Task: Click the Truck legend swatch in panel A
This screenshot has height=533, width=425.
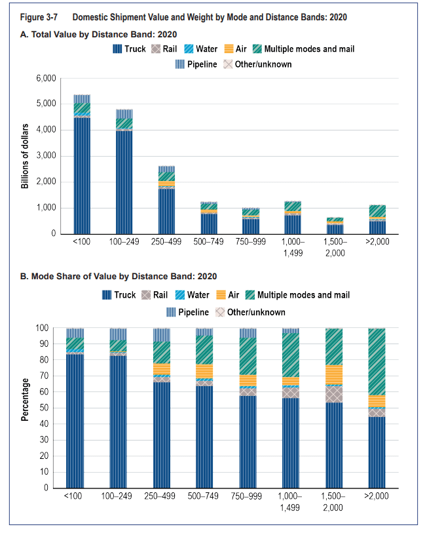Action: pos(118,49)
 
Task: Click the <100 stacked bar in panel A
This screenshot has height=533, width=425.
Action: pos(82,164)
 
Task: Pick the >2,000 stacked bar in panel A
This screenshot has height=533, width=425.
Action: pos(377,220)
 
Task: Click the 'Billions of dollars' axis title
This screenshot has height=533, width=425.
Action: pos(25,156)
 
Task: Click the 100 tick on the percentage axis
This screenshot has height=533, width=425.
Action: pos(45,328)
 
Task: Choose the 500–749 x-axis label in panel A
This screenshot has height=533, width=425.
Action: pos(208,243)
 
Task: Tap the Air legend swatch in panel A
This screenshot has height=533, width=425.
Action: pos(229,49)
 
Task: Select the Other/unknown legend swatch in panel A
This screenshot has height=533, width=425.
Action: pos(228,64)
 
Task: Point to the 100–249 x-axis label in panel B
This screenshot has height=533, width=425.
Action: pos(122,496)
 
